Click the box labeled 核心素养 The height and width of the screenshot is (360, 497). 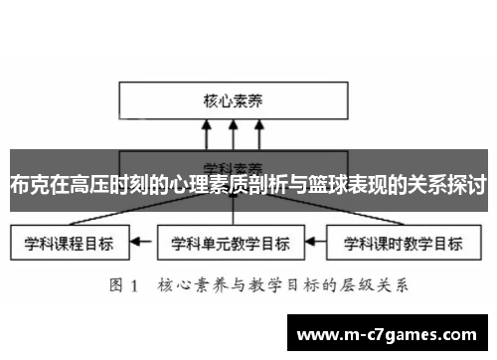pos(231,100)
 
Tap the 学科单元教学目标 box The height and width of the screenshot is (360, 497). pos(231,241)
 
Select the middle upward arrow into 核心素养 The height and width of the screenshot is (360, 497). pos(232,135)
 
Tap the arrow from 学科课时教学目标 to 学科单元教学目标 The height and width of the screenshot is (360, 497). pos(315,241)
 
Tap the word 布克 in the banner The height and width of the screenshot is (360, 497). pos(28,184)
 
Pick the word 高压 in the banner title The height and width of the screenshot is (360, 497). pos(87,184)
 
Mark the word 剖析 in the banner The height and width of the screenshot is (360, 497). pos(267,184)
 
